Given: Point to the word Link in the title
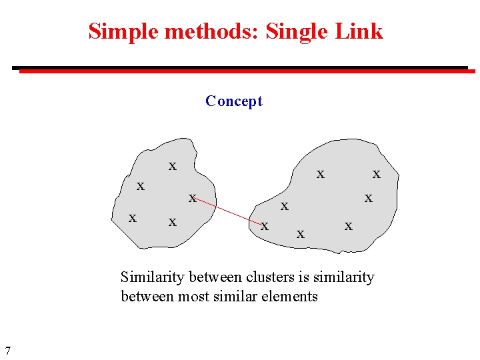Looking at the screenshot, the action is pyautogui.click(x=361, y=31).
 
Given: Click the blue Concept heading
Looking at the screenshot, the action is pyautogui.click(x=234, y=101).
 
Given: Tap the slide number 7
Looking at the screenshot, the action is pyautogui.click(x=7, y=350).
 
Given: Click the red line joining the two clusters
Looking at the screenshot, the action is pyautogui.click(x=227, y=211).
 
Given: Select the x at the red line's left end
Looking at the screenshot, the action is pyautogui.click(x=192, y=198).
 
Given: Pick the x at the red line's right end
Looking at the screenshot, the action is pyautogui.click(x=264, y=227).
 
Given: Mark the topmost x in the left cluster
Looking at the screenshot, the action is pyautogui.click(x=172, y=166).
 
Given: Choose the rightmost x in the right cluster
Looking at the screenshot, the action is pyautogui.click(x=376, y=174).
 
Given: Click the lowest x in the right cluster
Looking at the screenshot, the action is pyautogui.click(x=300, y=234).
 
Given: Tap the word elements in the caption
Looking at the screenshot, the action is pyautogui.click(x=290, y=297).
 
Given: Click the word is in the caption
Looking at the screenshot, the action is pyautogui.click(x=303, y=277).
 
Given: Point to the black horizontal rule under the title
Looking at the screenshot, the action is pyautogui.click(x=240, y=67).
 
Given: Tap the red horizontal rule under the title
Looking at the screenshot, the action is pyautogui.click(x=247, y=71).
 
